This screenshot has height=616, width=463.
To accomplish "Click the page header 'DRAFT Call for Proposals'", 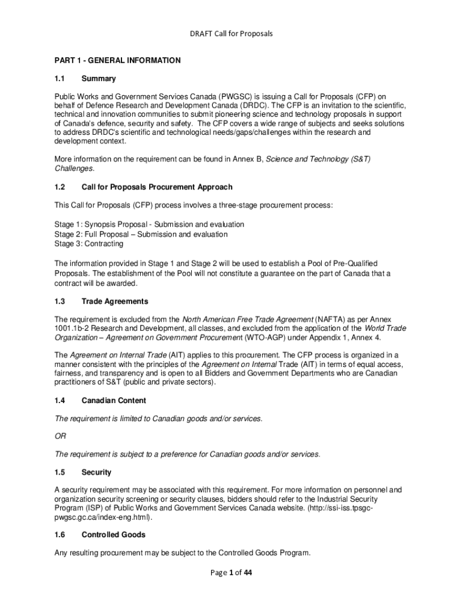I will click(x=231, y=34).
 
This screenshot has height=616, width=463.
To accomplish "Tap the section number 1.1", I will click(x=60, y=79).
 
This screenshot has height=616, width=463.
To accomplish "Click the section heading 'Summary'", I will click(x=99, y=79).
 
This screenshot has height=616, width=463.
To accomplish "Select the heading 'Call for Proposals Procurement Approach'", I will click(x=157, y=187).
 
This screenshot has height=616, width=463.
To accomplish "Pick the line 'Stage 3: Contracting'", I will click(x=89, y=244).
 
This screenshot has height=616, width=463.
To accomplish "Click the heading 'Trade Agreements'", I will click(x=115, y=301).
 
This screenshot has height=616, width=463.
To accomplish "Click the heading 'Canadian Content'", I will click(x=114, y=401).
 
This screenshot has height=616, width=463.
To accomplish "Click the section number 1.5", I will click(x=60, y=472).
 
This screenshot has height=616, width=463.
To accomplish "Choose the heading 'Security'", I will click(x=96, y=472).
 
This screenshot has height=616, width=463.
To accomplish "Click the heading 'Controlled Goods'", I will click(x=113, y=535).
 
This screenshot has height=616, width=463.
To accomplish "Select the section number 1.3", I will click(x=60, y=301).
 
